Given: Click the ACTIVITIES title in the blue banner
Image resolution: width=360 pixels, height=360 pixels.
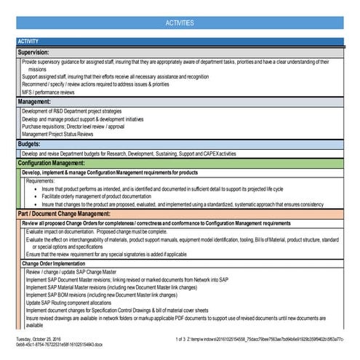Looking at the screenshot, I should [x=180, y=23].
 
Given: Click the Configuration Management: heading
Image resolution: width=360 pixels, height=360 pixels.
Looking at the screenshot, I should [x=61, y=164].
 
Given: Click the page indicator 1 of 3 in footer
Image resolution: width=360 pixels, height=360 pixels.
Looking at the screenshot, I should [x=183, y=338].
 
